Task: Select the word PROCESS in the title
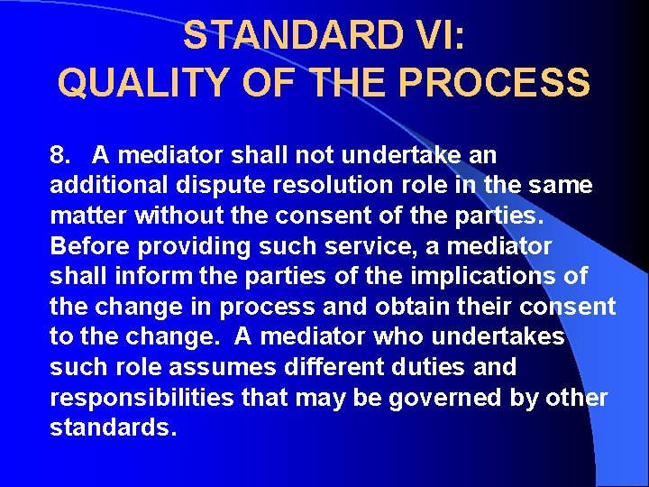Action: [495, 83]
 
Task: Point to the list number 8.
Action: [60, 155]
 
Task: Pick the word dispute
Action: [209, 186]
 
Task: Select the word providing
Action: [182, 246]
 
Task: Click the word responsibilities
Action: [142, 398]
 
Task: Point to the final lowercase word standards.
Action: [113, 427]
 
